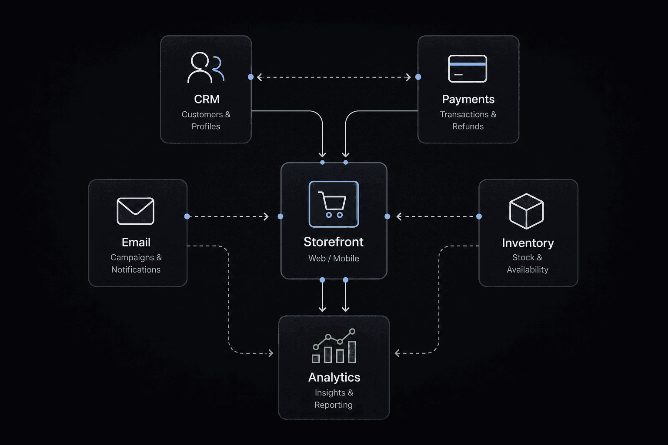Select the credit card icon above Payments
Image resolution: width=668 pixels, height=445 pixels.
[468, 69]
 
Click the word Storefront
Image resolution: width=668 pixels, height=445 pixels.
[334, 242]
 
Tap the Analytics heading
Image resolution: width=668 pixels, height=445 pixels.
[334, 377]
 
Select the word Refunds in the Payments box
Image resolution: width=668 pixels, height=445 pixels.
[468, 126]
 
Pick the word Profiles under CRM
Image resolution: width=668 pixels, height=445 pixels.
[206, 126]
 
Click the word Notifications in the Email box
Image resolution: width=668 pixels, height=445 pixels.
[136, 269]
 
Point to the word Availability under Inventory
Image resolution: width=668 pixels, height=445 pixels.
[528, 269]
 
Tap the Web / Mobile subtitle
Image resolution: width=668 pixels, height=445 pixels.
[334, 258]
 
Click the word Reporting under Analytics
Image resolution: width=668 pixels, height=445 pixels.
[334, 405]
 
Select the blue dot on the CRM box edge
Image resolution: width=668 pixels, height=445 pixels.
[251, 77]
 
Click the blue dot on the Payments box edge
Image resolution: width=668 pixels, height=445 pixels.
[418, 77]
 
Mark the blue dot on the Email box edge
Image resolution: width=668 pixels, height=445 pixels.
[187, 216]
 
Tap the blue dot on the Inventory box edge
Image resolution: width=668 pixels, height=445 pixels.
[479, 216]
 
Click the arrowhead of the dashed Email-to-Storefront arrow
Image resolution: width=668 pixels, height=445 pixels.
[266, 217]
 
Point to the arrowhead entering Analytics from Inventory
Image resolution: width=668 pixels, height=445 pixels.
[397, 353]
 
